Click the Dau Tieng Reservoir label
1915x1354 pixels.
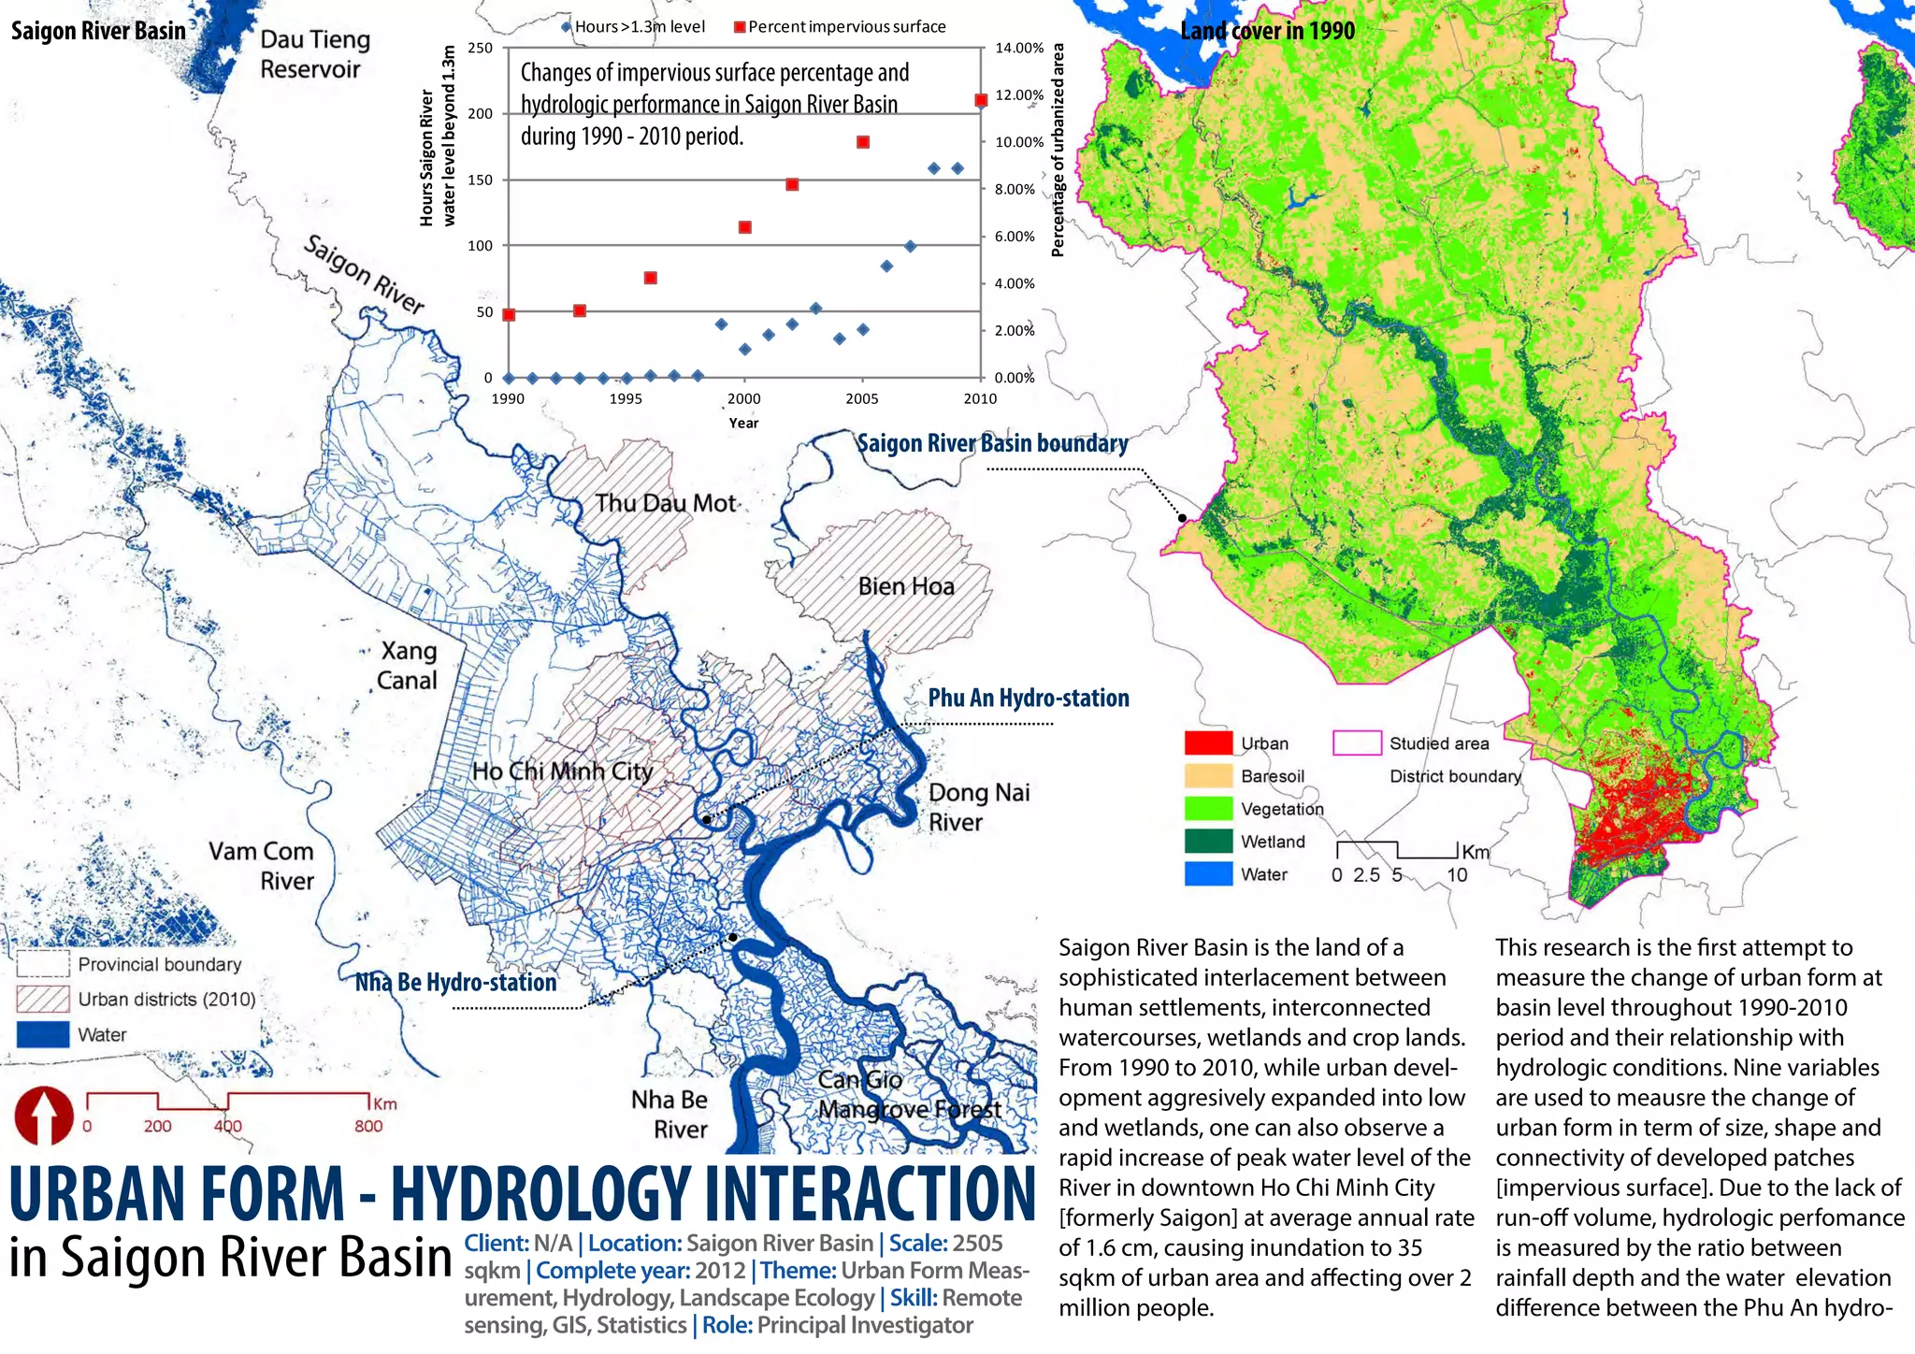click(x=314, y=54)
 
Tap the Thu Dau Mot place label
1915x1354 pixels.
click(x=666, y=503)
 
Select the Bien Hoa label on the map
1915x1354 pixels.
click(x=906, y=586)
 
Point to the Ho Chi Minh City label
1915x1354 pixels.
click(x=562, y=771)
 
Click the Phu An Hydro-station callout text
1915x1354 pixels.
click(x=1029, y=698)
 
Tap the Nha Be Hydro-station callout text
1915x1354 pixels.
click(x=455, y=982)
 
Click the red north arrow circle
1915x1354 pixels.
click(x=43, y=1115)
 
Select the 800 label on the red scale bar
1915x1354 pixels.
click(x=368, y=1126)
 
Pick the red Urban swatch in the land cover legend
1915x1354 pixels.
click(x=1208, y=743)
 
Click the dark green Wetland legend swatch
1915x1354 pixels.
click(x=1208, y=842)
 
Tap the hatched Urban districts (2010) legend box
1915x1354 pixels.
click(x=43, y=999)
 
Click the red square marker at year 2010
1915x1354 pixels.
click(x=981, y=100)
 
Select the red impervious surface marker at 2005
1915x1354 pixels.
click(x=863, y=142)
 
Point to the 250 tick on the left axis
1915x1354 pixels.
click(x=480, y=48)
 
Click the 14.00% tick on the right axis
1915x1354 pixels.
click(x=1018, y=48)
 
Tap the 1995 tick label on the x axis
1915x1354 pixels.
click(x=626, y=398)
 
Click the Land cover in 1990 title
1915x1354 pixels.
click(x=1267, y=31)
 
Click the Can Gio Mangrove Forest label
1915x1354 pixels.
click(x=908, y=1094)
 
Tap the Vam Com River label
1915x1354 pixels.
click(x=261, y=866)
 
